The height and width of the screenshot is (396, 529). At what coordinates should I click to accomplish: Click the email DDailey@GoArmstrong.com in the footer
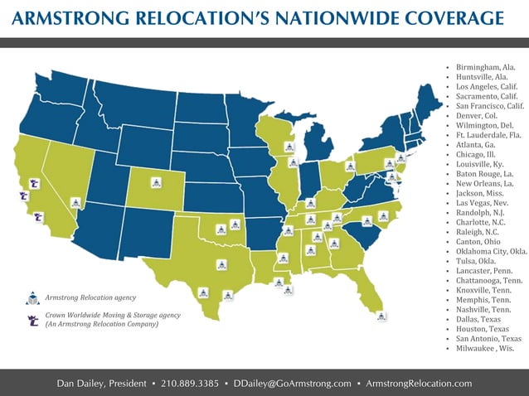coord(292,384)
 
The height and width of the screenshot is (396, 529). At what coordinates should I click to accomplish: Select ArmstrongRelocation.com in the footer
coord(419,384)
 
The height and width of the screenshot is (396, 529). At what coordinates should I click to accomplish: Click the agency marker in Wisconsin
coord(289,147)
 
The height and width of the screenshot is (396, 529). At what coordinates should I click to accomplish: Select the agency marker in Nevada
coord(75,201)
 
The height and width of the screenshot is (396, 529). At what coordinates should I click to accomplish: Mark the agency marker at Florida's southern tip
coord(381,315)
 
